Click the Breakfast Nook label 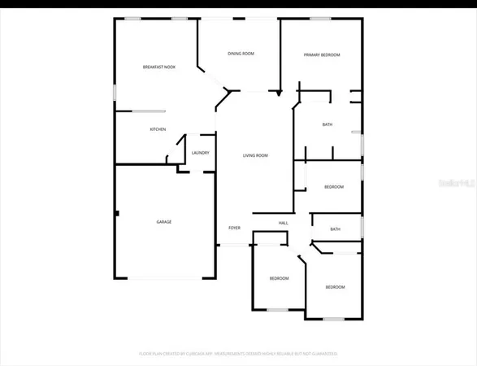(x=158, y=67)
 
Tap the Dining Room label (x=241, y=54)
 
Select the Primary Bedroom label (x=322, y=54)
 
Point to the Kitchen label (x=158, y=129)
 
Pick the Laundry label (x=201, y=153)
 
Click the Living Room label (x=256, y=155)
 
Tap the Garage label (x=164, y=221)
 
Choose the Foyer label (x=234, y=229)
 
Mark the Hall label (x=284, y=223)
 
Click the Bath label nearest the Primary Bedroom (x=327, y=124)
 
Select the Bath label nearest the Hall (x=335, y=229)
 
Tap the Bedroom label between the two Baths (x=334, y=187)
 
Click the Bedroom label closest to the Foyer (x=279, y=279)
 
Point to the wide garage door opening (x=165, y=279)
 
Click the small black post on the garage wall (x=117, y=214)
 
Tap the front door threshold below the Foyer (x=234, y=244)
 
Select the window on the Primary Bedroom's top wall (x=320, y=19)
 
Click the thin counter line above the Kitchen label (x=150, y=111)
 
